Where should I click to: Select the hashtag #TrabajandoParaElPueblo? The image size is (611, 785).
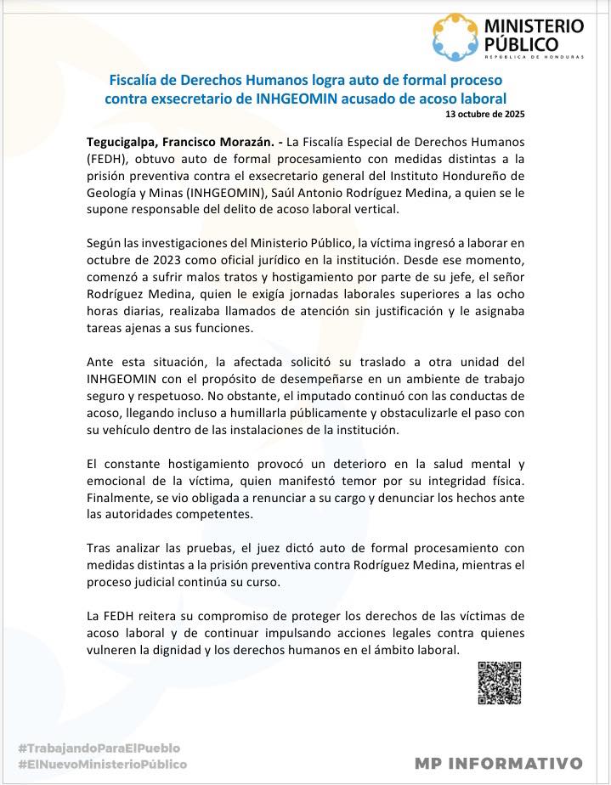(x=99, y=748)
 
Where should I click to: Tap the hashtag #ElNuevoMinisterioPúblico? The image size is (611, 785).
(x=102, y=764)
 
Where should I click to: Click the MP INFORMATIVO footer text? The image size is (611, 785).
(x=499, y=763)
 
